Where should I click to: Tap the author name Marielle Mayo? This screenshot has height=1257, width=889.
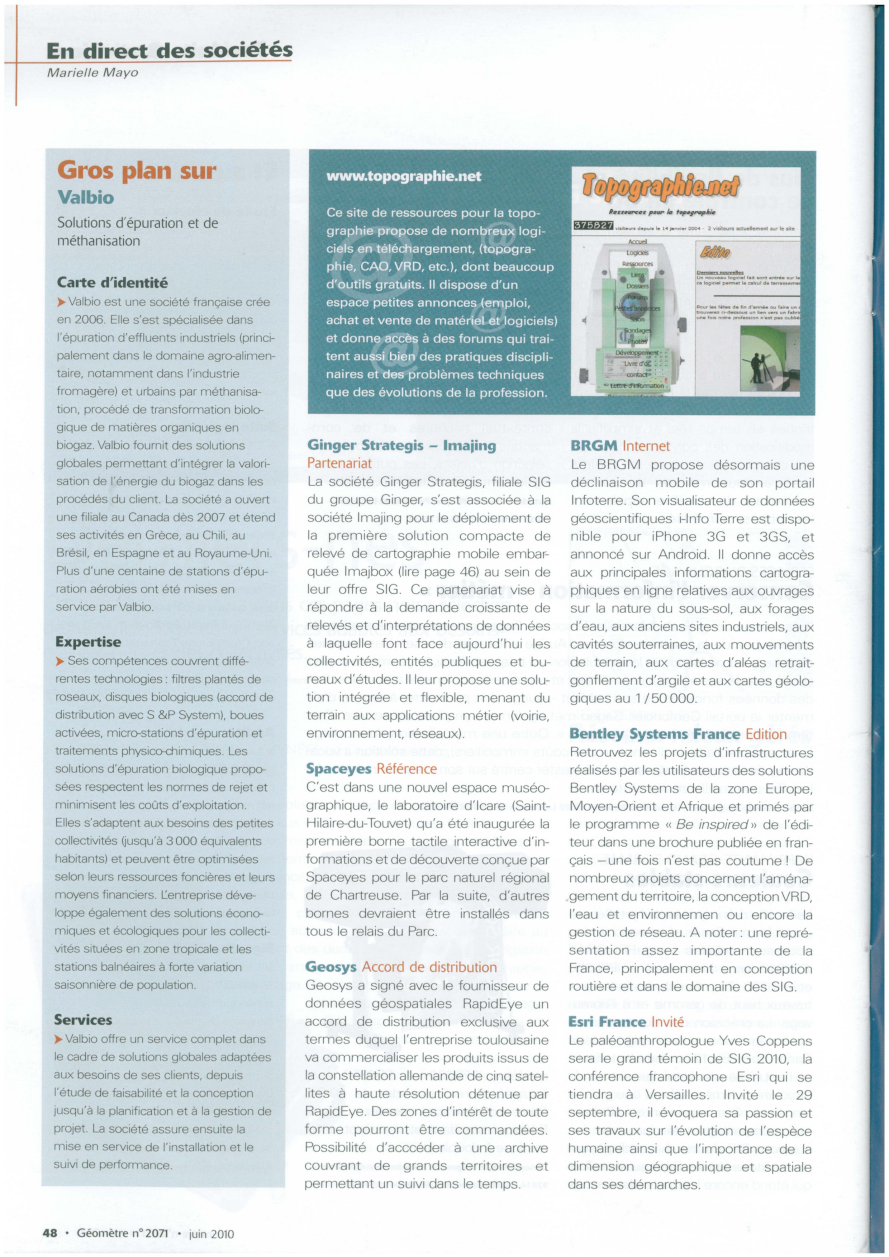(92, 73)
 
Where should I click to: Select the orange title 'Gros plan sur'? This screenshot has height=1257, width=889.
(137, 171)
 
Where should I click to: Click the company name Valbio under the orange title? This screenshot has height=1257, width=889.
(85, 197)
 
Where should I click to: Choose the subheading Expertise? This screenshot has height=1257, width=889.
(88, 642)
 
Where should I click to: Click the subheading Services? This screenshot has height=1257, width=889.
(83, 1019)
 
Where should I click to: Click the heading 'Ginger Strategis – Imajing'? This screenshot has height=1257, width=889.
(401, 446)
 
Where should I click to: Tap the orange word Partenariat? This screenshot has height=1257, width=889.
(339, 463)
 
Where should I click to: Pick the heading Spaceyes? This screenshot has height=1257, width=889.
(338, 769)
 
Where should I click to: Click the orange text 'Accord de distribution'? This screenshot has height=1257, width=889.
(429, 967)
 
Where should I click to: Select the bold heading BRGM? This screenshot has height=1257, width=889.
(594, 446)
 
